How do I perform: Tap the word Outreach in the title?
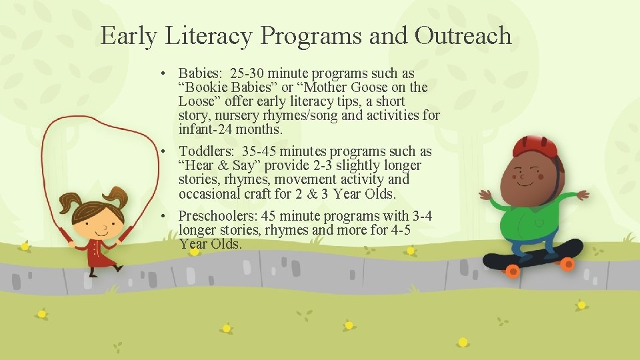(463, 35)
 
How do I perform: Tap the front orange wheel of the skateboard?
(567, 265)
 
